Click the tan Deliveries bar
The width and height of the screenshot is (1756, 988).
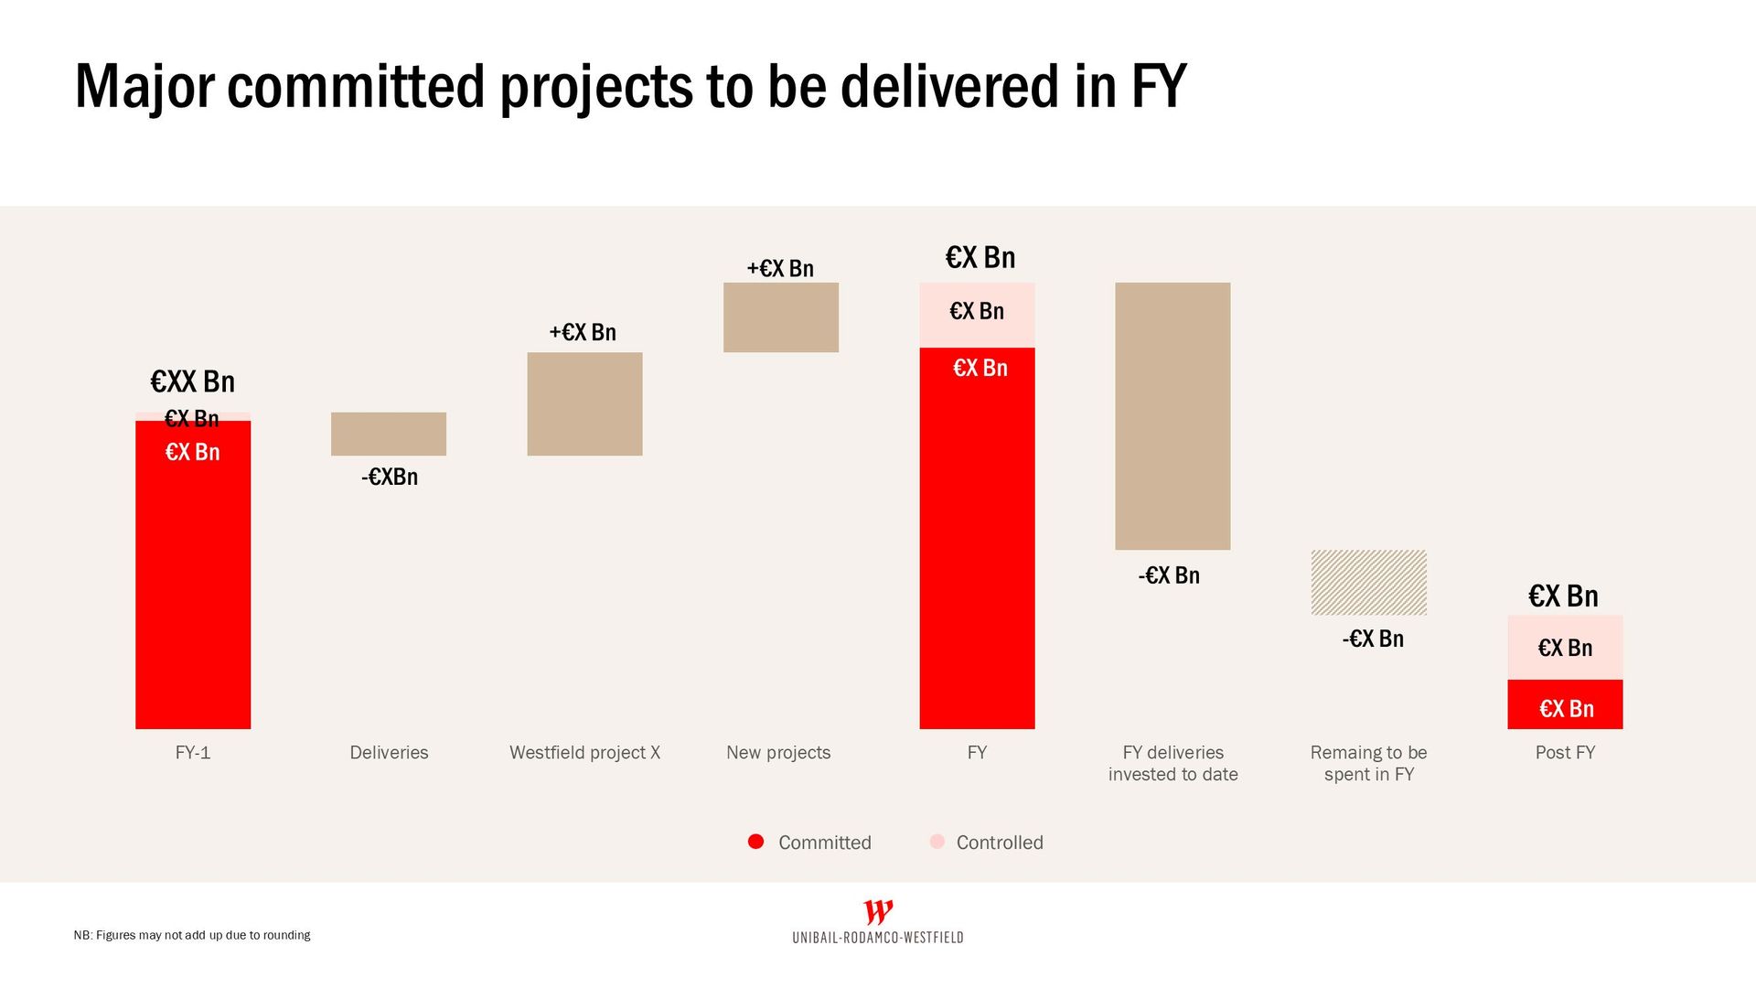[389, 434]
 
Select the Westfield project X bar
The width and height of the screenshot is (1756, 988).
[584, 403]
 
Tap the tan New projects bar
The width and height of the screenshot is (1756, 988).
[780, 317]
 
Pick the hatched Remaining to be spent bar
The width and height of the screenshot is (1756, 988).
[1368, 583]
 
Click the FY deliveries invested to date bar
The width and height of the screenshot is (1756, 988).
[1172, 416]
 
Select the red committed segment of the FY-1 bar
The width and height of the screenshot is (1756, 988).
[193, 585]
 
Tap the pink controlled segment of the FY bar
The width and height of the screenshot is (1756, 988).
[977, 315]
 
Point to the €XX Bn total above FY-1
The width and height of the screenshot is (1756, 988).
[193, 381]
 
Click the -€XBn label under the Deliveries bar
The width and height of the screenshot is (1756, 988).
[390, 477]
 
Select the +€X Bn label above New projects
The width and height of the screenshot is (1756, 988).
[780, 268]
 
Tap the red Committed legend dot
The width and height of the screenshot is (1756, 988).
[755, 842]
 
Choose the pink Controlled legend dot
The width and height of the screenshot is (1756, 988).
[937, 842]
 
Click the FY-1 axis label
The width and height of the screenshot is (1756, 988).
[193, 753]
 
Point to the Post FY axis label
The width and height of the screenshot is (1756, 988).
[1565, 753]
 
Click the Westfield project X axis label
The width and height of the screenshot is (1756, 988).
[584, 753]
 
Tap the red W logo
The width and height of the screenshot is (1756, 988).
[878, 912]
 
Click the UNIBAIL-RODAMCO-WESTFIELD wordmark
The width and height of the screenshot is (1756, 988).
[878, 938]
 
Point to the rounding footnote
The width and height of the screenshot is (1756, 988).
[192, 935]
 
